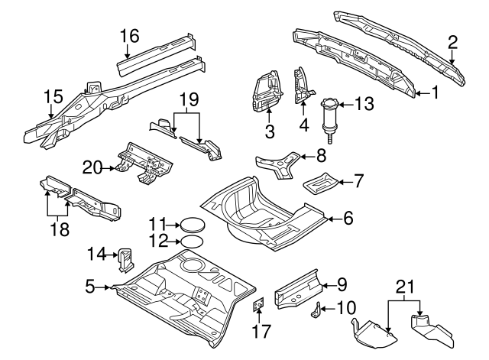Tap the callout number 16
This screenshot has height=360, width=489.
129,34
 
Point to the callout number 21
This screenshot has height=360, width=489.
406,287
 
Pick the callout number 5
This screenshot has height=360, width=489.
89,287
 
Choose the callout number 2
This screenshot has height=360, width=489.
452,41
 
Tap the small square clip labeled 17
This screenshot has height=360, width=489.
258,305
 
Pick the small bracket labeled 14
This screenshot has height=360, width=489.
123,258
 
